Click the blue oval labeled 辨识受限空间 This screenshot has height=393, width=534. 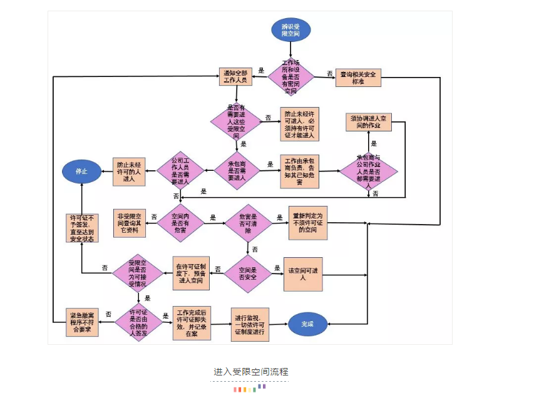point(290,30)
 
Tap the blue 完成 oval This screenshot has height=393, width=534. point(307,324)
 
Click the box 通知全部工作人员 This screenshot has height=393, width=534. point(236,76)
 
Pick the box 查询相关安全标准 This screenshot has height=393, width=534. point(357,77)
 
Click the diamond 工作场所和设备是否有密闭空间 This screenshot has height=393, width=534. point(291,77)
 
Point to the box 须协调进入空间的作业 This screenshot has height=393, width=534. point(369,122)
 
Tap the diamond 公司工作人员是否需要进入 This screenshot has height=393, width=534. point(182,170)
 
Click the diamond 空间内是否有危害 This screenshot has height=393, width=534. point(181,222)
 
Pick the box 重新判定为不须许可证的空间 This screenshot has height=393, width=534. point(307,222)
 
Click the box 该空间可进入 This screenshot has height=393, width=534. point(303,274)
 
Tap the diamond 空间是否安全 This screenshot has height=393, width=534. point(249,273)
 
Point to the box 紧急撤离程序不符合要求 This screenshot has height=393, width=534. point(84,322)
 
